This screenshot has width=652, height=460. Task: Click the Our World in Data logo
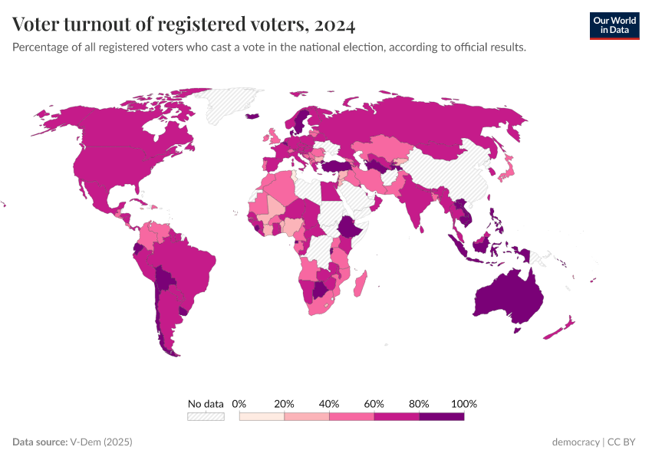coord(614,25)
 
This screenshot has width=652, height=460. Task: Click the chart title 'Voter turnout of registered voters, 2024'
coord(184,25)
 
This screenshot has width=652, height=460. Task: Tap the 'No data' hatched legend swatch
coord(206,416)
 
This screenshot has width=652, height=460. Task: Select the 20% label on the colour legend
coord(285,403)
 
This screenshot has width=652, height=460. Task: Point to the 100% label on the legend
coord(464,403)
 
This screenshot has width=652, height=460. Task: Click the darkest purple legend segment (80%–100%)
coord(442,416)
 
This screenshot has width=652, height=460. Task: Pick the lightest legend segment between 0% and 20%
coord(262,416)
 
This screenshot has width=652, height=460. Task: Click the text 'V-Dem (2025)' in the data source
coord(101,442)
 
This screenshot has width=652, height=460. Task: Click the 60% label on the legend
coord(374,403)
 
